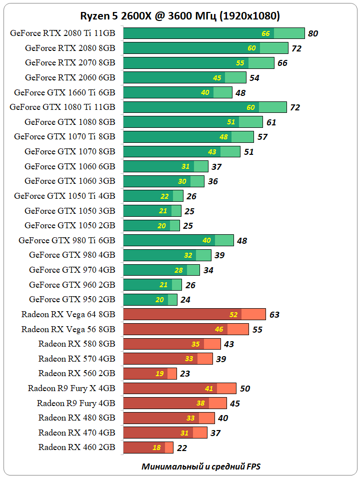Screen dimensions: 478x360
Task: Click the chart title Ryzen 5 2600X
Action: pos(180,16)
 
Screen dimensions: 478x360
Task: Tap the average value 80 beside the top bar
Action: pos(313,34)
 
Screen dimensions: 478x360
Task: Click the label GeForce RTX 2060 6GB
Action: pos(70,77)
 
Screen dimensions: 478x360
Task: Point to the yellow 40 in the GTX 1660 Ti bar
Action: pos(205,93)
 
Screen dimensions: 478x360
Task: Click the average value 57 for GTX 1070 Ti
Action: pos(262,137)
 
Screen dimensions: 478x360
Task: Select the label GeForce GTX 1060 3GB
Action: pos(70,181)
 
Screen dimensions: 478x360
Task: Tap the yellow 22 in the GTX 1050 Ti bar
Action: pos(164,196)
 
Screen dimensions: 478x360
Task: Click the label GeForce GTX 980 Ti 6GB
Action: pos(67,240)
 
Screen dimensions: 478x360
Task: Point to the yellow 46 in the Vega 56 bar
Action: pos(219,330)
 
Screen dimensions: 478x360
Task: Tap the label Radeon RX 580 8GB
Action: pos(77,344)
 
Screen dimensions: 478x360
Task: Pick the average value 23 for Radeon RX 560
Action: pos(185,374)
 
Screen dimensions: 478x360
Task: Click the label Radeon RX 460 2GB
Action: pos(77,447)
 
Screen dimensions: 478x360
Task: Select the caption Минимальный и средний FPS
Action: pos(201,467)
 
